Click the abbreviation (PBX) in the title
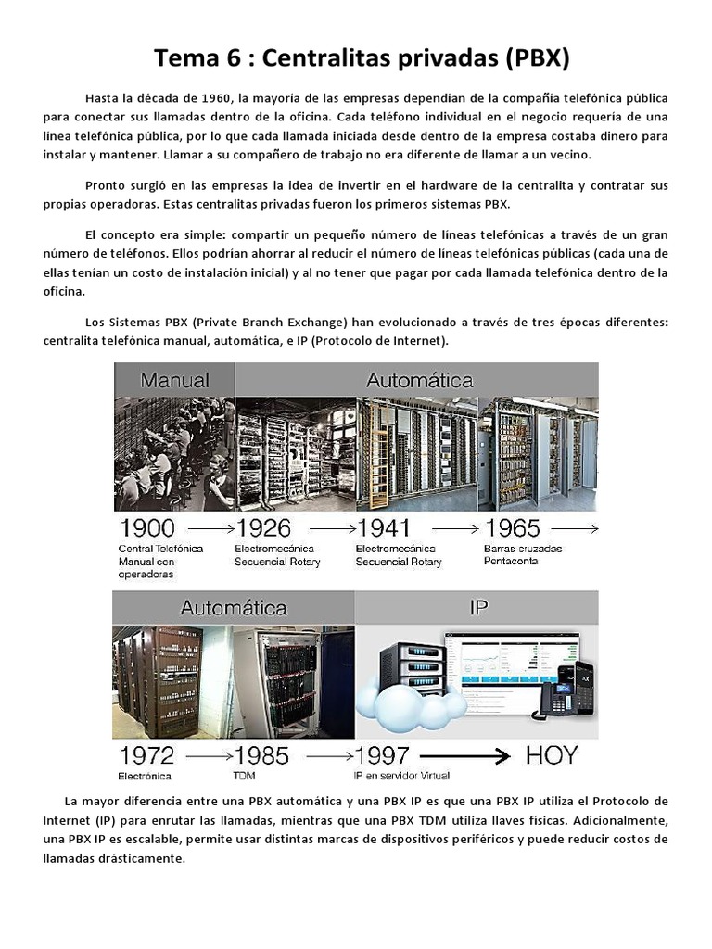pos(529,59)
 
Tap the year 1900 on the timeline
pos(147,528)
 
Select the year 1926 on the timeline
pos(264,528)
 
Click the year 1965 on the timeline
pos(512,528)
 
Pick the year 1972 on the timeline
pos(146,756)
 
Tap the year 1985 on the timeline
pos(262,756)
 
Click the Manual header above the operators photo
pos(174,380)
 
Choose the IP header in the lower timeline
pos(478,608)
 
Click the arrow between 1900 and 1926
pos(206,529)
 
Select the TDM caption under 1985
pos(245,776)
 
